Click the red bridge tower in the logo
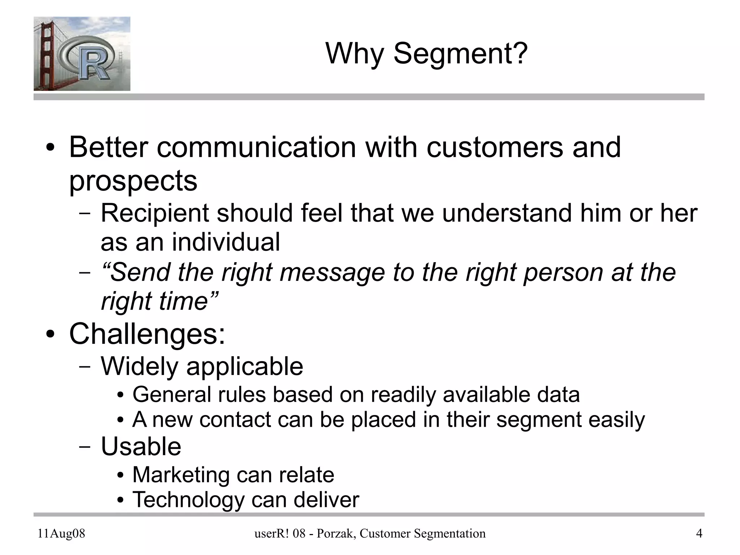tap(44, 54)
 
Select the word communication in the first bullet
tap(257, 148)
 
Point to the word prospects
tap(133, 180)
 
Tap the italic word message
tap(332, 272)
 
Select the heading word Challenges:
tap(147, 334)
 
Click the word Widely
tap(139, 367)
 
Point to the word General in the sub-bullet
tap(172, 394)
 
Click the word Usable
tap(141, 447)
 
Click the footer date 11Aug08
tap(61, 534)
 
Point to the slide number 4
tap(699, 534)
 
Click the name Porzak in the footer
tap(333, 534)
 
